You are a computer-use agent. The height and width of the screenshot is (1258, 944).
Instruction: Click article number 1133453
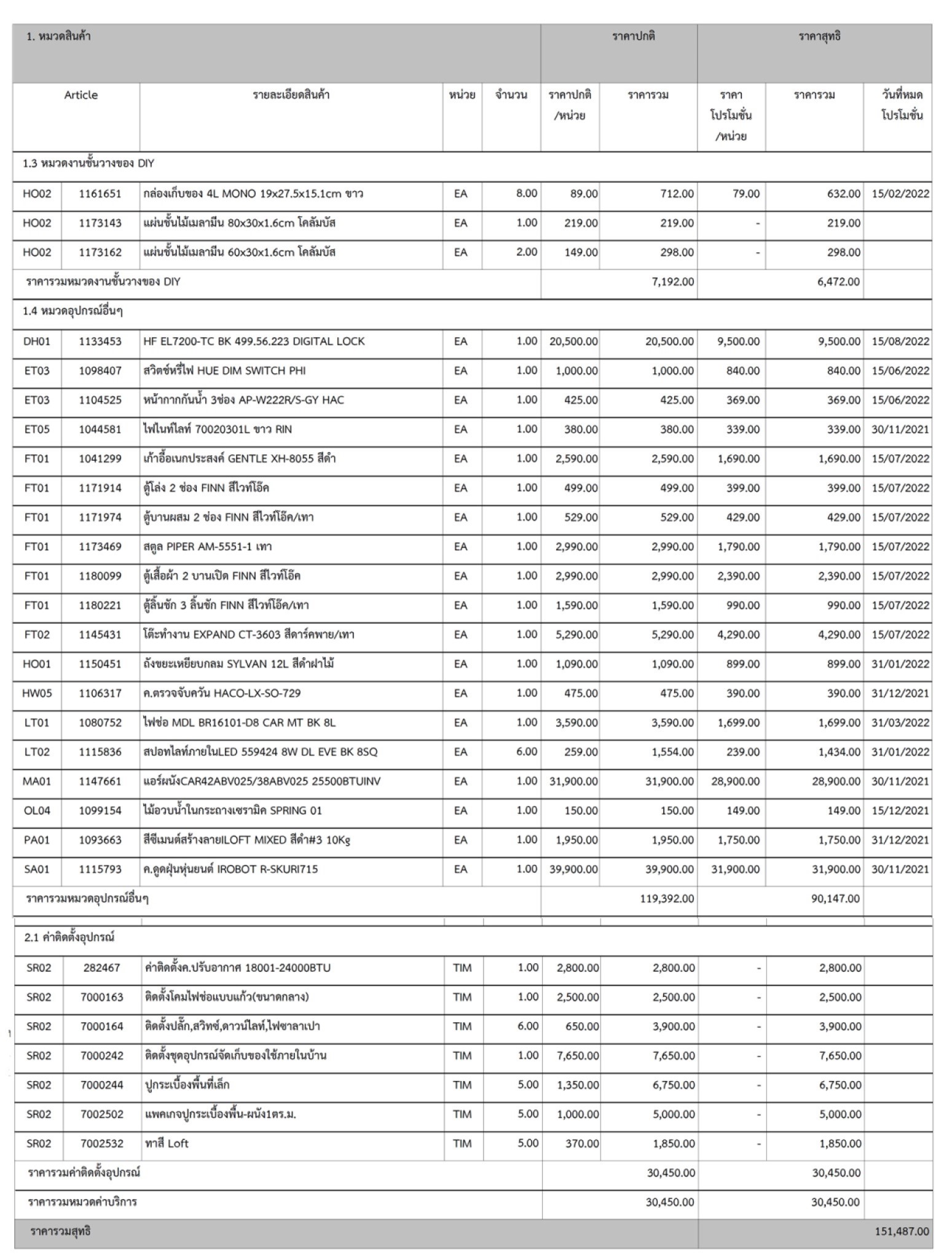[100, 342]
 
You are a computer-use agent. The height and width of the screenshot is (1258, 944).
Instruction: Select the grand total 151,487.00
[902, 1231]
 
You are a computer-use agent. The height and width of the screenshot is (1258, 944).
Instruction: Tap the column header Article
[81, 95]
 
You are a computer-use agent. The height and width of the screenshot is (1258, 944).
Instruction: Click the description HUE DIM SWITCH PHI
[224, 371]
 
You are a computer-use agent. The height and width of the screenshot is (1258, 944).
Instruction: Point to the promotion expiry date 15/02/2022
[900, 194]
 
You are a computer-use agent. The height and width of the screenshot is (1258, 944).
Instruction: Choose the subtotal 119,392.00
[667, 899]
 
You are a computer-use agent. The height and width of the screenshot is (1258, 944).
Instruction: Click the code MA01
[37, 781]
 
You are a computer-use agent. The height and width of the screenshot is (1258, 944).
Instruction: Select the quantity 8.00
[526, 193]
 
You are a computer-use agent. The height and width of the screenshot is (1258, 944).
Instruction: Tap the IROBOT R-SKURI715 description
[230, 869]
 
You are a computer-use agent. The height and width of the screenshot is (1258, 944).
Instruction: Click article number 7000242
[102, 1055]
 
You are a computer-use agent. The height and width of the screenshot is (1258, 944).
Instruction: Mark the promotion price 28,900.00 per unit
[735, 781]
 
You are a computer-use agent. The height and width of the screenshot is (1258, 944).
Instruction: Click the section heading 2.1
[69, 937]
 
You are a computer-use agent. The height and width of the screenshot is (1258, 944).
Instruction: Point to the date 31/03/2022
[900, 723]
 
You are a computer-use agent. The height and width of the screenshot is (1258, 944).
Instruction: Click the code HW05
[37, 693]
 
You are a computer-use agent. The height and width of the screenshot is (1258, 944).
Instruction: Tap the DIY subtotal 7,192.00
[672, 282]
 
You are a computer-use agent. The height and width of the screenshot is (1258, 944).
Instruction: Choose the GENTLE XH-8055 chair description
[240, 459]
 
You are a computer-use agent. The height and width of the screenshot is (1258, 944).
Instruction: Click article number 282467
[102, 967]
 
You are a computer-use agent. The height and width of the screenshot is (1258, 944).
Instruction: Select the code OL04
[37, 811]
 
